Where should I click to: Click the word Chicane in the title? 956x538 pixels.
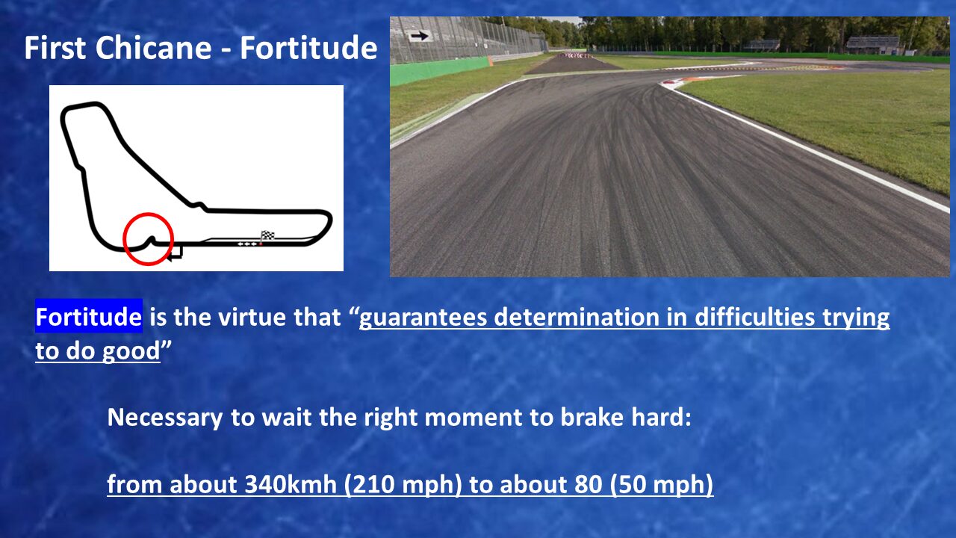coord(153,47)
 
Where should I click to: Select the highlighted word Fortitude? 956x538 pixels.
coord(88,316)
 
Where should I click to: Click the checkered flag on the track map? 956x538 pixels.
coord(267,235)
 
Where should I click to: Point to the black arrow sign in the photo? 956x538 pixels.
coord(419,36)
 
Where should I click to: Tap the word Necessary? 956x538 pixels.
coord(165,418)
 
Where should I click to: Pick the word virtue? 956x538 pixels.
coord(252,317)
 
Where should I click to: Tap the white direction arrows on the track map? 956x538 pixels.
coord(247,244)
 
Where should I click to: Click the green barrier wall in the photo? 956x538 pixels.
coord(440,71)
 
